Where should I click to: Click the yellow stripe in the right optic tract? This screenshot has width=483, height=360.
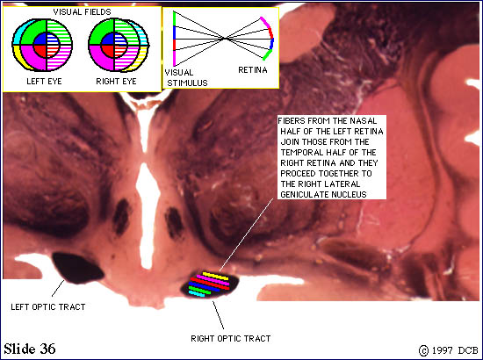pos(216,276)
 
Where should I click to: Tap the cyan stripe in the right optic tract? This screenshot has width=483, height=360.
pos(197,294)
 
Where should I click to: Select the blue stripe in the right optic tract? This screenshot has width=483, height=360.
pos(205,287)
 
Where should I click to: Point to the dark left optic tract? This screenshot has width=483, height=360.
pos(77,268)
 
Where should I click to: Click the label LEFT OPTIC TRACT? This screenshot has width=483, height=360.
pos(48,307)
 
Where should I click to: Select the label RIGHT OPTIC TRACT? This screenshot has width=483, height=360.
pos(231,338)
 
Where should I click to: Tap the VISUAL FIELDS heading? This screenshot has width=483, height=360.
pos(82,12)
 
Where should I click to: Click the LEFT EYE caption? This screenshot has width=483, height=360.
pos(44,82)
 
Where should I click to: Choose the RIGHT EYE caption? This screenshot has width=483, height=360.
pos(116,82)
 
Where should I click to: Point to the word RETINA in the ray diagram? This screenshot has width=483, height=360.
pos(253,70)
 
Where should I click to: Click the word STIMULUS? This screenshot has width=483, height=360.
pos(187,83)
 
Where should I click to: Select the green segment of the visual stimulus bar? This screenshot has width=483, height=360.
pos(174,18)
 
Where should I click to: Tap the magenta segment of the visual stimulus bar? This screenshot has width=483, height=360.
pos(174,58)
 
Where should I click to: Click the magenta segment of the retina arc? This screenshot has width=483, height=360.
pos(265,22)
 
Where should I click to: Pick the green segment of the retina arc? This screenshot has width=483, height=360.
pos(267,54)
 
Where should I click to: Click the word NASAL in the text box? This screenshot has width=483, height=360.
pos(364,120)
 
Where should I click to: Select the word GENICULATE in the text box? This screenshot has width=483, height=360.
pos(300,195)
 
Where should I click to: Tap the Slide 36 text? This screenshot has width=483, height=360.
pos(30,349)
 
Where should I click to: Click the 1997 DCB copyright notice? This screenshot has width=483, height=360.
pos(448,350)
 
